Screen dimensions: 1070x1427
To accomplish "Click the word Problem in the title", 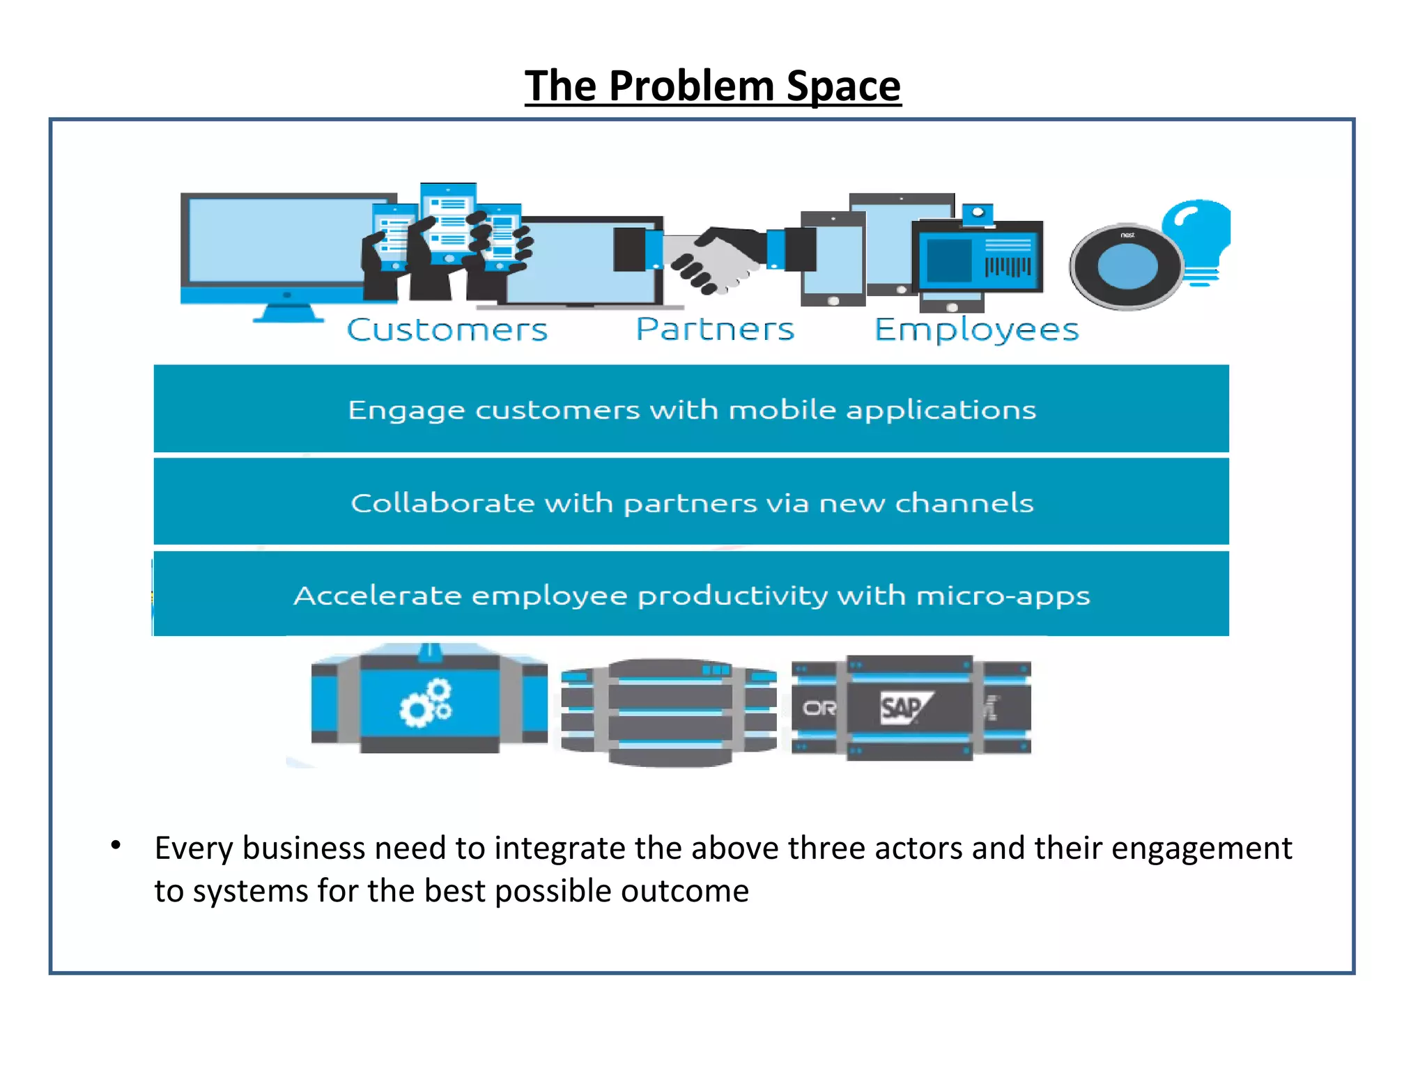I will pyautogui.click(x=691, y=86).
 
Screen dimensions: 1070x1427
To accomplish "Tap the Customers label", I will pyautogui.click(x=447, y=329).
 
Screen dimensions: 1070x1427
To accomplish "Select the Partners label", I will pyautogui.click(x=715, y=329).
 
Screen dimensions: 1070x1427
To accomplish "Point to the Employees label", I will pyautogui.click(x=976, y=329).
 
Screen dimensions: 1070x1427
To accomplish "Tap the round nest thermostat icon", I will pyautogui.click(x=1127, y=267).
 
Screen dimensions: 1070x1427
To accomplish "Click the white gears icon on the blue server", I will pyautogui.click(x=426, y=703).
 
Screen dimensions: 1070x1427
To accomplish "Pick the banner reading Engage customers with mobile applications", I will pyautogui.click(x=691, y=410).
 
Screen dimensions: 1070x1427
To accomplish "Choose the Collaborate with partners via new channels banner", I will pyautogui.click(x=691, y=502).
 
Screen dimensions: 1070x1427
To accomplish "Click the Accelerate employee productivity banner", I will pyautogui.click(x=691, y=595).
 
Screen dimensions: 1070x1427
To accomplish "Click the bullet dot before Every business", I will pyautogui.click(x=116, y=845).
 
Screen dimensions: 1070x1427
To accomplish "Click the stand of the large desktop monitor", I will pyautogui.click(x=288, y=312).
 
